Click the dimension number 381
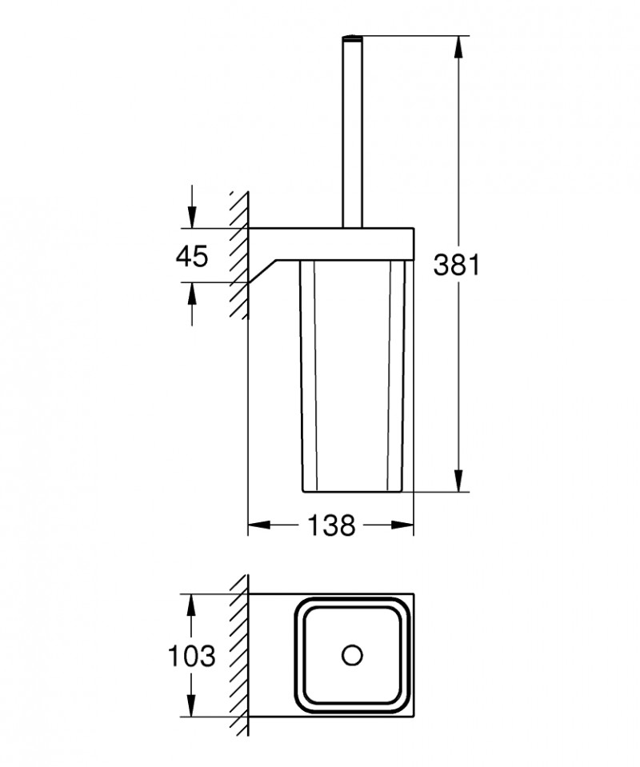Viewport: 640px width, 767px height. click(456, 264)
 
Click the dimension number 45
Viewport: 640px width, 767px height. click(191, 256)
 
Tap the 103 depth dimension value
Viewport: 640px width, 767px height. click(191, 657)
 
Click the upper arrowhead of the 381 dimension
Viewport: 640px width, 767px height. click(459, 43)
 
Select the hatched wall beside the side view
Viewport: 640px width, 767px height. click(238, 256)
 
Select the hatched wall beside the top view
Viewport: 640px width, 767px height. click(238, 656)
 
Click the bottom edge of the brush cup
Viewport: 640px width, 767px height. click(352, 490)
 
